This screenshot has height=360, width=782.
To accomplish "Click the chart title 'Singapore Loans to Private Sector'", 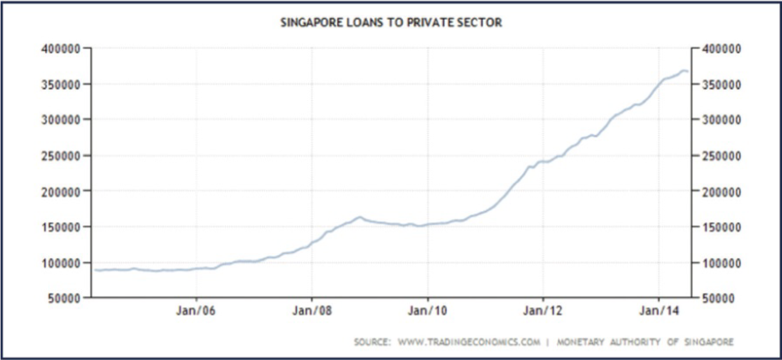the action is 391,22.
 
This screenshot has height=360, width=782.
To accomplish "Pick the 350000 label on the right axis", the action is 721,85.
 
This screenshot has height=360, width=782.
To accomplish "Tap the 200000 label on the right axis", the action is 721,192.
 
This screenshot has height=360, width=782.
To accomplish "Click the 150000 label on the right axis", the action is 721,227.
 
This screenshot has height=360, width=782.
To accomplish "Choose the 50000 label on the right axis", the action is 718,298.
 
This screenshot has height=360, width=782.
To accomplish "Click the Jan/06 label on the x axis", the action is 196,311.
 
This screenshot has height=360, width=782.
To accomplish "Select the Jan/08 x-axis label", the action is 311,311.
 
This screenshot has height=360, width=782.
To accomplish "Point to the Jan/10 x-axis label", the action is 428,311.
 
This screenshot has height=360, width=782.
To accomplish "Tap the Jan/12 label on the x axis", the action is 542,311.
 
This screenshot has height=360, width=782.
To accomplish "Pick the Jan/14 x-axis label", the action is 659,311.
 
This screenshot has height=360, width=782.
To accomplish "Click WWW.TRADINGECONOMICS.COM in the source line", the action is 469,342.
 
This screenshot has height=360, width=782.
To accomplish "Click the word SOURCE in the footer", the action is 372,342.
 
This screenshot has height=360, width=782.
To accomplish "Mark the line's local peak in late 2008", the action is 359,217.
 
